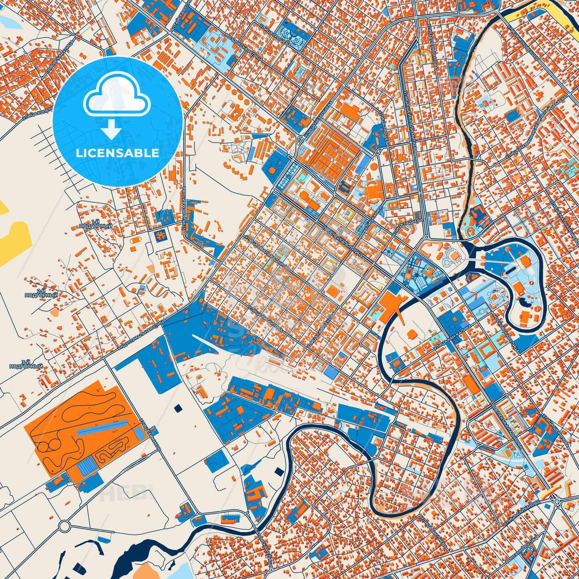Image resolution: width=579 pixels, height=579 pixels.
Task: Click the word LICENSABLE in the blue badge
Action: tap(117, 153)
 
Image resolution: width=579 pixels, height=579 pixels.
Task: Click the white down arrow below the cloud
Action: tap(112, 129)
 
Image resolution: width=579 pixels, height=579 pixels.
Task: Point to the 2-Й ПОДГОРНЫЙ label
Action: tap(41, 293)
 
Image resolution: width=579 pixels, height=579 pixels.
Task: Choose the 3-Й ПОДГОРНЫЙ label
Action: tap(26, 364)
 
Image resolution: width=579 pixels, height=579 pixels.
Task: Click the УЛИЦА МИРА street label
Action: tap(373, 220)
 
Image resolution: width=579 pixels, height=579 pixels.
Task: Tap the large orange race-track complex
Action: tap(80, 429)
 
